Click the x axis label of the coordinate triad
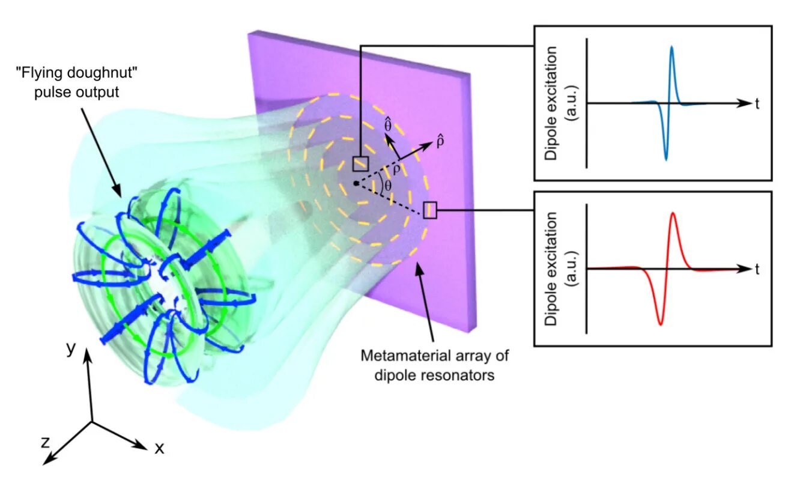[159, 448]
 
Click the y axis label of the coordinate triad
[71, 349]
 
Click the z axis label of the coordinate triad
[44, 443]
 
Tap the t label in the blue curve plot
[757, 103]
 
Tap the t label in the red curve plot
[757, 269]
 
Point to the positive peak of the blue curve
[671, 47]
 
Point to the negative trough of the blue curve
[665, 159]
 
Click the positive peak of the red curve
[673, 213]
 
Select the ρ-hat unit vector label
[440, 142]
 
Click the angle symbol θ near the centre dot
[387, 186]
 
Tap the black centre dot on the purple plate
[356, 183]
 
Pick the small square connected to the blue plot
[360, 163]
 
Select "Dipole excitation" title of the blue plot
[551, 103]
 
